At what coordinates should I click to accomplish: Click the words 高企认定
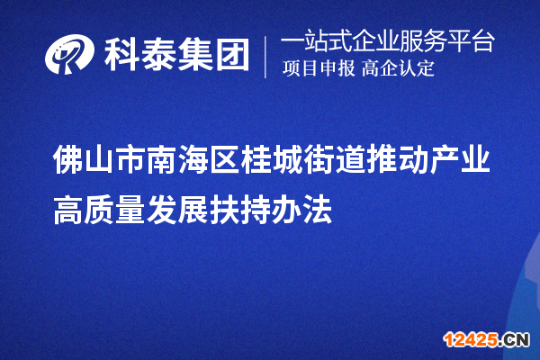point(398,69)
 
